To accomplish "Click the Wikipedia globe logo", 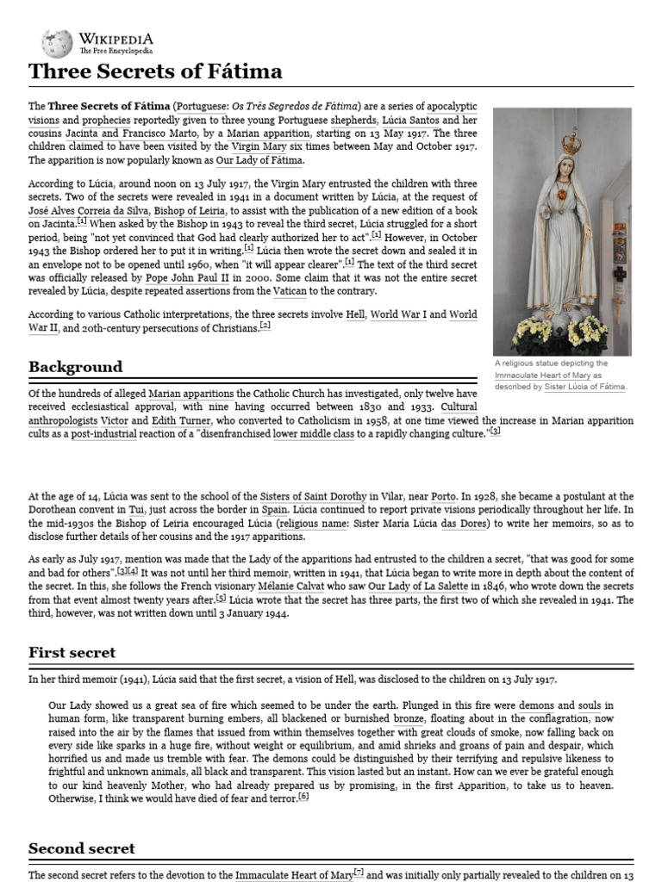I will click(x=57, y=43).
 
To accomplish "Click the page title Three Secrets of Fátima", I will click(x=155, y=71).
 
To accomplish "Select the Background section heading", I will click(x=75, y=367).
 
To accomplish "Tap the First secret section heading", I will click(x=72, y=652).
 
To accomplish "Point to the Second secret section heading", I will click(x=82, y=848).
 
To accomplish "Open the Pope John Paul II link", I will click(x=189, y=280).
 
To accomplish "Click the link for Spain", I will click(x=274, y=510).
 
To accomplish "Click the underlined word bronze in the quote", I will click(x=409, y=718).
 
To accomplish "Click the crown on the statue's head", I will click(x=571, y=142).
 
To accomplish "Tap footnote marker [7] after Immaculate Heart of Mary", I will click(x=359, y=873).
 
